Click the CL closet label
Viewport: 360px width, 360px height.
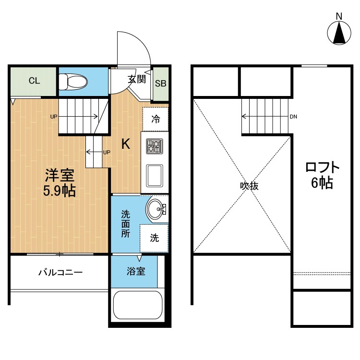[34, 80]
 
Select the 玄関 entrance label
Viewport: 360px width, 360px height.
[136, 79]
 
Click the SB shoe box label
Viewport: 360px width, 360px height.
[160, 83]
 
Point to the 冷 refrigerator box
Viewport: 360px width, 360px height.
[156, 119]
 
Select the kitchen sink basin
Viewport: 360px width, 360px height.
[155, 176]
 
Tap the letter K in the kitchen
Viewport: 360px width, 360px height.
[125, 144]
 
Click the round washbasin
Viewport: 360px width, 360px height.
[156, 209]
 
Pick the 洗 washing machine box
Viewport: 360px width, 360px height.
[155, 238]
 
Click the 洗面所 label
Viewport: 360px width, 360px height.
[125, 224]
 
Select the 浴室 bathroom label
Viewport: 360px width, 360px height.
[136, 272]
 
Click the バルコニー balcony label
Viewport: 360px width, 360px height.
[60, 273]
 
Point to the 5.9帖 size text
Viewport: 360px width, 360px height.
[60, 191]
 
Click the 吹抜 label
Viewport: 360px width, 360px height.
[249, 186]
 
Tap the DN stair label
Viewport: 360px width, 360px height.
[294, 116]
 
